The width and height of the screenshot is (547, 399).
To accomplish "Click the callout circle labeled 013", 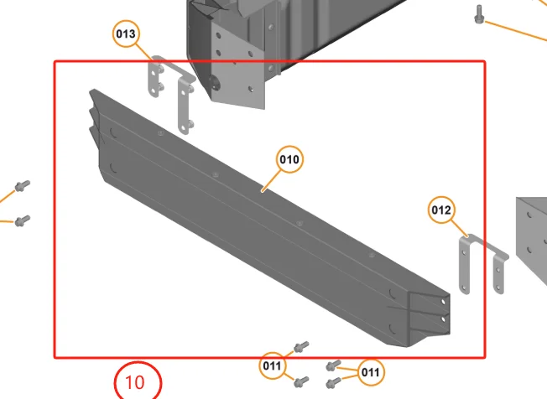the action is (126, 34).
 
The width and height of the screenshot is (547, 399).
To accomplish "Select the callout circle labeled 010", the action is (289, 159).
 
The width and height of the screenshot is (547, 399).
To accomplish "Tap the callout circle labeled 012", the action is (441, 210).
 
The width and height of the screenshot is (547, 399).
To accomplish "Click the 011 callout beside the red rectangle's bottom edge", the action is (272, 365).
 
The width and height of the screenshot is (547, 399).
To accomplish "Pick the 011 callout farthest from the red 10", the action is (371, 372).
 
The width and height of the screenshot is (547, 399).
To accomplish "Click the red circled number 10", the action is (138, 381).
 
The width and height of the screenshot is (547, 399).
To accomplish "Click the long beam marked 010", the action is (269, 218).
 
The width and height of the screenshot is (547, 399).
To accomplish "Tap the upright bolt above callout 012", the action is (479, 14).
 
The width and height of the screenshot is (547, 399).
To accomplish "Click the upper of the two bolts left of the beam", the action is (23, 186).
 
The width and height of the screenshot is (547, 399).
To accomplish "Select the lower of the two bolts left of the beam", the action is (23, 220).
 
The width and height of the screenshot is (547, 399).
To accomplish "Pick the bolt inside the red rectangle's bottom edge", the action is (301, 347).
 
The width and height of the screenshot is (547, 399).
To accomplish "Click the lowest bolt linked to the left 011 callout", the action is (301, 381).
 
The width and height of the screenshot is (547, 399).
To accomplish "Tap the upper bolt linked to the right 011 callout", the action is (333, 365).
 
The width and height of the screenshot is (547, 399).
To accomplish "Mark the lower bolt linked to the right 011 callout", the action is (333, 383).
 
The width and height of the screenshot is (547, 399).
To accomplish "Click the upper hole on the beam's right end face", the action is (444, 302).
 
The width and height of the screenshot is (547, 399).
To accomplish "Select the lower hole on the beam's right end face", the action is (444, 319).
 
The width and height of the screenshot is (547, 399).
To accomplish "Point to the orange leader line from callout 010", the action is (271, 181).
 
